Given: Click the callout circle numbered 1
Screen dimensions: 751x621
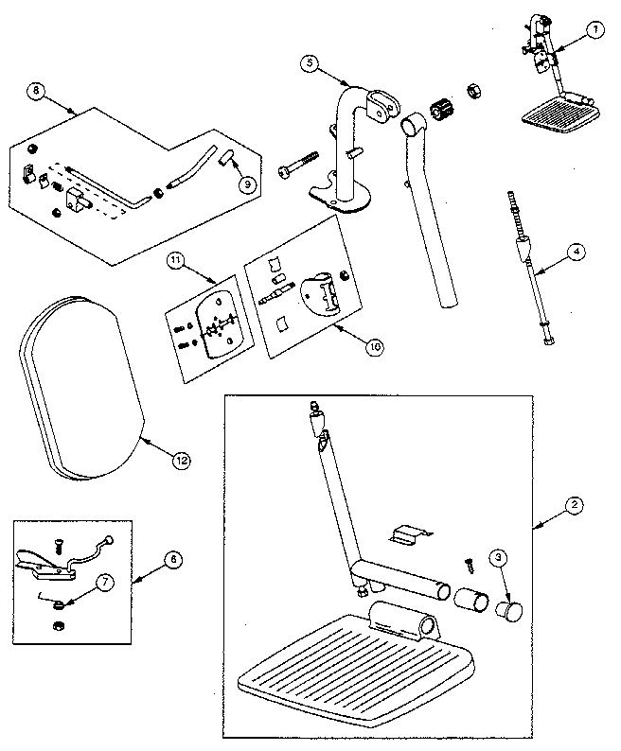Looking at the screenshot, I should point(594,29).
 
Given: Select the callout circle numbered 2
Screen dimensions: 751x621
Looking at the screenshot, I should point(574,504).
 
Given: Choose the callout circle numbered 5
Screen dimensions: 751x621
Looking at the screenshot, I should point(310,63).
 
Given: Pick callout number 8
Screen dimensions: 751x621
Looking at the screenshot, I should point(36,91).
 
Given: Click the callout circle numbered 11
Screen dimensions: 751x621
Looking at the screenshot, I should point(176,259).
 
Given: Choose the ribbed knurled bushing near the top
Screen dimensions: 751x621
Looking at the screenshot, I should point(436,110).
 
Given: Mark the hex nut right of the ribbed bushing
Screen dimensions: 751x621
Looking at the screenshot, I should point(470,92).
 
